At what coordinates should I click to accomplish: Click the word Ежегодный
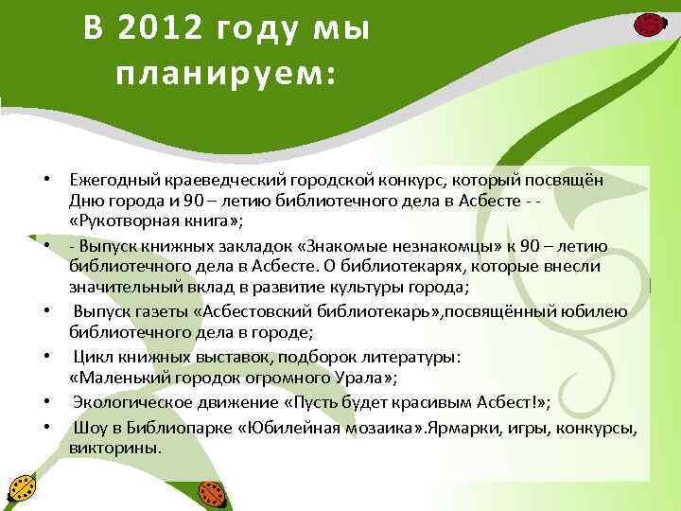click(x=110, y=179)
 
